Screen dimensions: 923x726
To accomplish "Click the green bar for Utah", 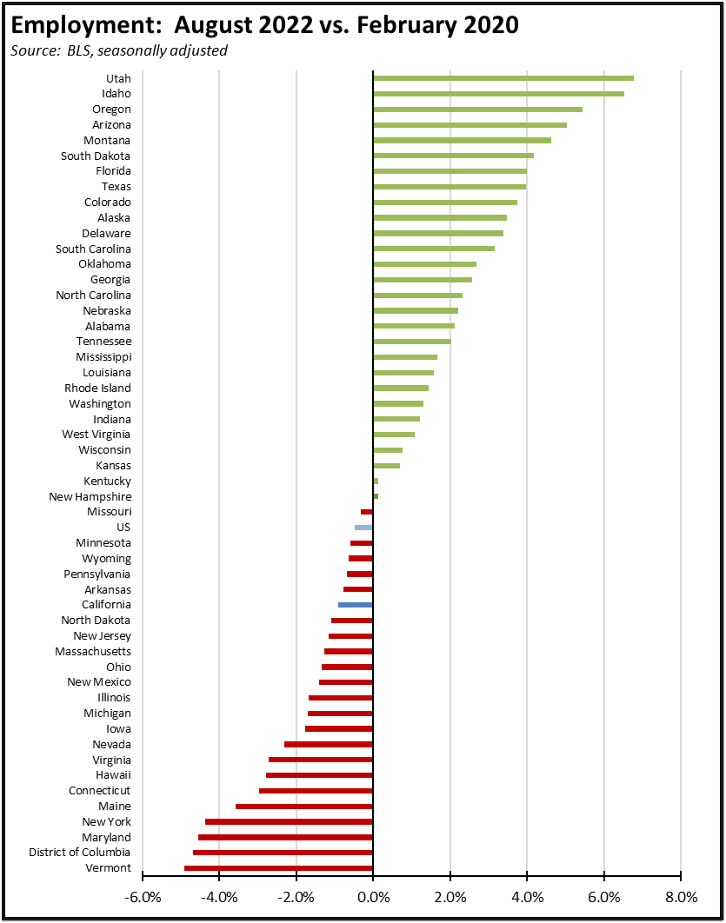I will pos(503,78).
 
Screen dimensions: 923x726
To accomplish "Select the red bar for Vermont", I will pos(278,868).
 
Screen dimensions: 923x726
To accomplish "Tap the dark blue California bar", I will pos(355,605).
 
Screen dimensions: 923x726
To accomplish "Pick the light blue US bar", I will pos(363,528).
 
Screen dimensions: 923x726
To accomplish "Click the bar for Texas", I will pos(449,187).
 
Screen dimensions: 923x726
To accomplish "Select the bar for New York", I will pos(289,821).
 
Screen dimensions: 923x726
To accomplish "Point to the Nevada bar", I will pos(328,745).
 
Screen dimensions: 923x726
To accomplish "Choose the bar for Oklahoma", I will pos(424,264).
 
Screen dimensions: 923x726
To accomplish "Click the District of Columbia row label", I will pos(80,853).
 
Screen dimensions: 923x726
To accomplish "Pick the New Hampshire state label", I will pos(90,496).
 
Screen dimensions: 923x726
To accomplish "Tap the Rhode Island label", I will pos(98,388).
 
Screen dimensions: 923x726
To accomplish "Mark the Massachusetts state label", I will pos(93,652).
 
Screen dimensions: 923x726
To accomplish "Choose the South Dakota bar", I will pos(453,156).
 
